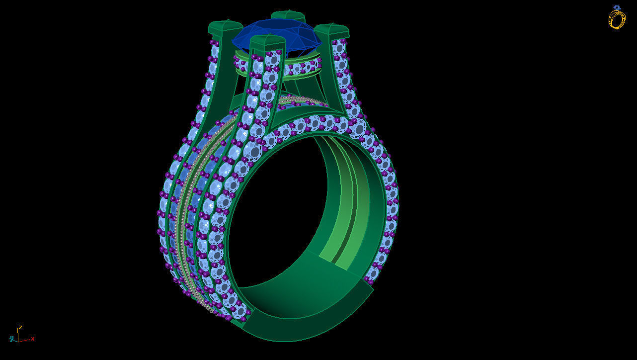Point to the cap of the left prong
tap(226, 27)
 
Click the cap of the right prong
tap(332, 31)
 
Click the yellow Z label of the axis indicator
tap(20, 328)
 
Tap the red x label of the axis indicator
tap(33, 339)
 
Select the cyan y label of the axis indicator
tap(11, 339)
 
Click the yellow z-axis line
tap(19, 336)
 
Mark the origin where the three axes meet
tap(18, 341)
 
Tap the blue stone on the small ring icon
tap(617, 8)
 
